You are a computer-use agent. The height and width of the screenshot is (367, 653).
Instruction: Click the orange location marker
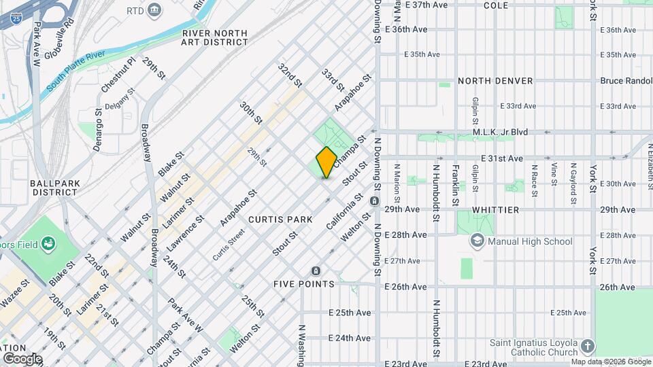(326, 162)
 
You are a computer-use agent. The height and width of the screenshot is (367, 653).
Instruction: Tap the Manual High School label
(531, 241)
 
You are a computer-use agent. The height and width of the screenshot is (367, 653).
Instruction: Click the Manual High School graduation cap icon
(478, 241)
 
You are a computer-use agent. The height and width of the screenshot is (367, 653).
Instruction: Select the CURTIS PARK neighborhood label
(280, 220)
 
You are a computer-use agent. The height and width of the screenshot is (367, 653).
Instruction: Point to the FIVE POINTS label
(303, 283)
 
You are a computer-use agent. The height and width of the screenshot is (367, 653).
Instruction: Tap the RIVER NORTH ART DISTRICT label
(214, 37)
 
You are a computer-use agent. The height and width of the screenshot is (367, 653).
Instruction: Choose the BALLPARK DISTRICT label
(54, 188)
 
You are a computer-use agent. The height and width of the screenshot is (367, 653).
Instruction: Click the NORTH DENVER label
(495, 81)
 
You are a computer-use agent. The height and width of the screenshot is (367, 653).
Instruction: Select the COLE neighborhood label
(515, 5)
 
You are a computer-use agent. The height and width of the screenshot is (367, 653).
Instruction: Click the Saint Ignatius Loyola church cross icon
(588, 347)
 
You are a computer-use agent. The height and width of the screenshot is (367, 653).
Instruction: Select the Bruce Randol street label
(625, 81)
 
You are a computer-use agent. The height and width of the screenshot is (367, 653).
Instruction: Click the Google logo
(22, 358)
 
